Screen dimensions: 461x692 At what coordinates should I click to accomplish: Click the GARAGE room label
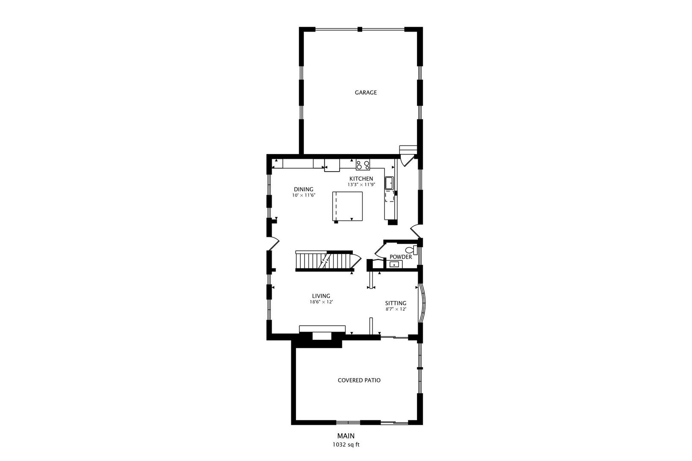pyautogui.click(x=366, y=92)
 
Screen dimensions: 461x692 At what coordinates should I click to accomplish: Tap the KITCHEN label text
pyautogui.click(x=361, y=178)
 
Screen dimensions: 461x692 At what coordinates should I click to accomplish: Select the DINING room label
pyautogui.click(x=303, y=190)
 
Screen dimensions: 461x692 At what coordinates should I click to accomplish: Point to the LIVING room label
pyautogui.click(x=321, y=296)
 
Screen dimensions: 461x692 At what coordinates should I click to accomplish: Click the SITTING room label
pyautogui.click(x=396, y=303)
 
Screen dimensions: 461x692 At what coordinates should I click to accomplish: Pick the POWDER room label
pyautogui.click(x=401, y=257)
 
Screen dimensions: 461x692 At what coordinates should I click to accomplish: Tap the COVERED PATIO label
pyautogui.click(x=359, y=380)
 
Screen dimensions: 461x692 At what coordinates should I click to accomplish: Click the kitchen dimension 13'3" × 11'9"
pyautogui.click(x=361, y=185)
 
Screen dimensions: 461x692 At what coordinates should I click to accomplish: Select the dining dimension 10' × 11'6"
pyautogui.click(x=303, y=195)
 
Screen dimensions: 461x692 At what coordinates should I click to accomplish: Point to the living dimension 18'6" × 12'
pyautogui.click(x=321, y=302)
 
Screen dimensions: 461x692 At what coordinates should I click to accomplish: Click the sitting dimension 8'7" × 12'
pyautogui.click(x=396, y=309)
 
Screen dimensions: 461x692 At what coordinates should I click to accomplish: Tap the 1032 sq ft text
pyautogui.click(x=346, y=444)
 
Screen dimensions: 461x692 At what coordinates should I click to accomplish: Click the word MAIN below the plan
pyautogui.click(x=346, y=436)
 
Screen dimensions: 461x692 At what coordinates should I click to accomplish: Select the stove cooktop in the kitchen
pyautogui.click(x=363, y=164)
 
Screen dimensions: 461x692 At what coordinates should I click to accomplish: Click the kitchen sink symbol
pyautogui.click(x=390, y=183)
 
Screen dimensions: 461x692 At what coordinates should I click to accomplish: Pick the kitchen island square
pyautogui.click(x=348, y=207)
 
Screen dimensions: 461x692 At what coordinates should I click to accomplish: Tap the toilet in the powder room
pyautogui.click(x=411, y=250)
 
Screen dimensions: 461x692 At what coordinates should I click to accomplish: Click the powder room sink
pyautogui.click(x=394, y=265)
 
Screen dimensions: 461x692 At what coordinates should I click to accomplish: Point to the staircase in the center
pyautogui.click(x=325, y=260)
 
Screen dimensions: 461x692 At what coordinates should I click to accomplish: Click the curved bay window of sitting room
pyautogui.click(x=422, y=303)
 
